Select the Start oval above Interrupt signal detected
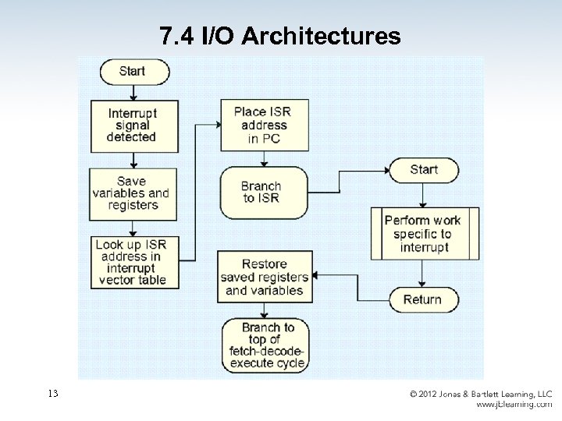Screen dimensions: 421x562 point(132,73)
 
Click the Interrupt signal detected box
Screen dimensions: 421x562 point(132,125)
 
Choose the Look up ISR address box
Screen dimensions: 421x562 point(131,261)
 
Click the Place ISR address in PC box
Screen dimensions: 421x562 point(262,125)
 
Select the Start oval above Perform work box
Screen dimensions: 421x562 point(424,170)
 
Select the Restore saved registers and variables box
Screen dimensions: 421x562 point(263,277)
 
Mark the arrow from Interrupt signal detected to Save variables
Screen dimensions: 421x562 point(134,160)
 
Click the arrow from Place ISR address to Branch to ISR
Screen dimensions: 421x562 point(265,159)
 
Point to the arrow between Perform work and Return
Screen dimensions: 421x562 point(422,273)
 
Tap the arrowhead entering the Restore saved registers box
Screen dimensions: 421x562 point(315,275)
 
